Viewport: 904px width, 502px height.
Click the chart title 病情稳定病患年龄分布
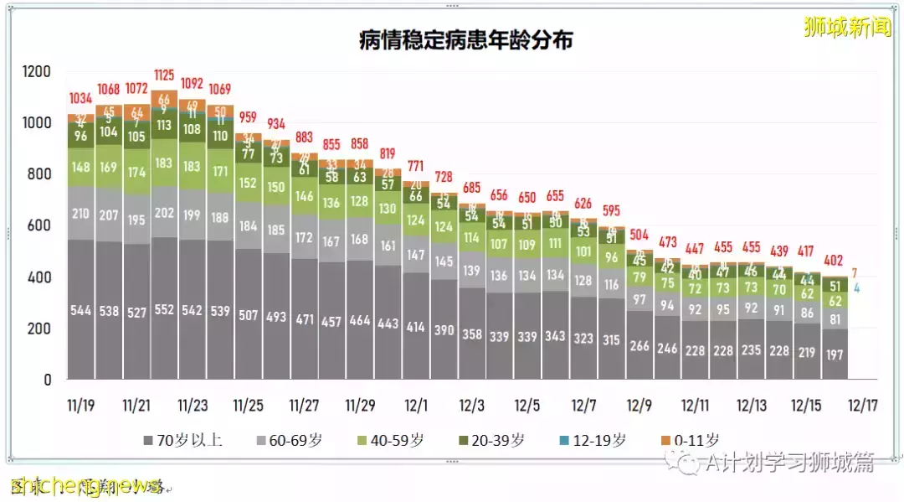tap(466, 40)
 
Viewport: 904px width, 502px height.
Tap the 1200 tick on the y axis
tap(37, 71)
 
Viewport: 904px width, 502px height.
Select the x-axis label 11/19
tap(80, 405)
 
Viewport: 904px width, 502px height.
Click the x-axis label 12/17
tap(861, 405)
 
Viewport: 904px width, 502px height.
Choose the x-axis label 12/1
tap(416, 405)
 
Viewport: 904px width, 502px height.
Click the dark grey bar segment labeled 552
tap(165, 309)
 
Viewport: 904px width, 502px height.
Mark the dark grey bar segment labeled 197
tap(835, 354)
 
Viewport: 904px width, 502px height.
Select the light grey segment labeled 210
tap(81, 214)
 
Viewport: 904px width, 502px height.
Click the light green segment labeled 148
tap(81, 167)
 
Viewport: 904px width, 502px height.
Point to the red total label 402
tap(835, 260)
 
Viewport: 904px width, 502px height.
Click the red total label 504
tap(639, 233)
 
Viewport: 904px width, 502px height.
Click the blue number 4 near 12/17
tap(856, 288)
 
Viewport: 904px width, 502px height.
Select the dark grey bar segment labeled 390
tap(444, 330)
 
